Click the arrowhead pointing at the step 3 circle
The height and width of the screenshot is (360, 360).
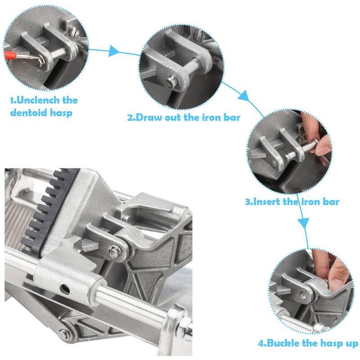pyautogui.click(x=243, y=96)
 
